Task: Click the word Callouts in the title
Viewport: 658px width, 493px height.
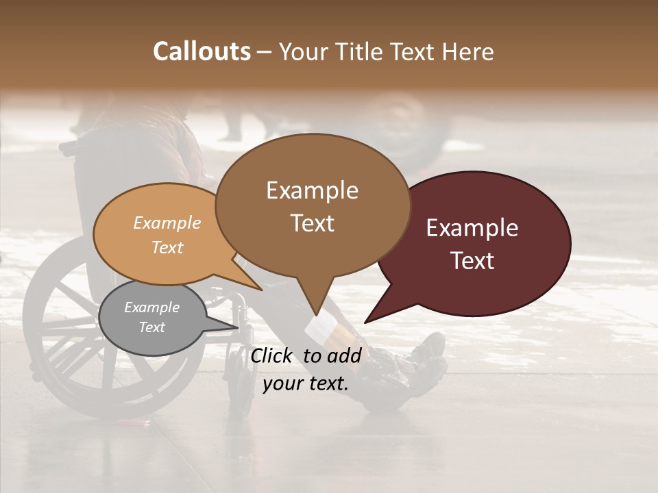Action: (x=202, y=51)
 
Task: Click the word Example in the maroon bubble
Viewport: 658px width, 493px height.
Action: (x=472, y=228)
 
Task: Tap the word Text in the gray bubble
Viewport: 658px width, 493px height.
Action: (x=152, y=327)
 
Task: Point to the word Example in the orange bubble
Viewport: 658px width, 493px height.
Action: (x=167, y=223)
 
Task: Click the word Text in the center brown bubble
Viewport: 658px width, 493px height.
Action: (x=313, y=223)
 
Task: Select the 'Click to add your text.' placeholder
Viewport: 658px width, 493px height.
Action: (x=306, y=369)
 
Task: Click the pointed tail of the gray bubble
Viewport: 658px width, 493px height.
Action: (x=233, y=327)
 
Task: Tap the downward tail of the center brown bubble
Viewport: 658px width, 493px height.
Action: (x=315, y=308)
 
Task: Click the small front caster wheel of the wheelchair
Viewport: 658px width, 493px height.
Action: (x=240, y=390)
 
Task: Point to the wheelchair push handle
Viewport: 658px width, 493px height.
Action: (x=67, y=146)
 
